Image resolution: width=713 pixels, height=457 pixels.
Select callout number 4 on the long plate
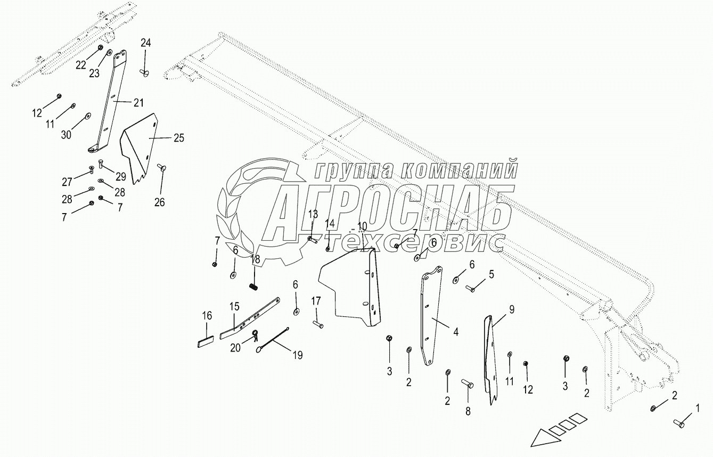(x=455, y=332)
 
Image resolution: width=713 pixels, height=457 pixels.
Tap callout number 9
(x=511, y=308)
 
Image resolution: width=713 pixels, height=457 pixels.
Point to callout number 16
(x=207, y=316)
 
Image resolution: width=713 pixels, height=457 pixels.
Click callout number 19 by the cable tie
(x=297, y=355)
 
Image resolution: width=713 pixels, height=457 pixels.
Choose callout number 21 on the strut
(x=138, y=102)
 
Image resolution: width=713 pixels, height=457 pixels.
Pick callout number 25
(x=178, y=138)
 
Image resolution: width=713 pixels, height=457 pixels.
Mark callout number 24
(x=145, y=43)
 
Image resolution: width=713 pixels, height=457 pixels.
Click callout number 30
(x=65, y=135)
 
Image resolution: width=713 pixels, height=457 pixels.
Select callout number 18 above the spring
(x=255, y=259)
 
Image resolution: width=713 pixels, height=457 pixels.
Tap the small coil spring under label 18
(x=254, y=286)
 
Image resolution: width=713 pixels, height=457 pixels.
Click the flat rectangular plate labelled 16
(x=206, y=341)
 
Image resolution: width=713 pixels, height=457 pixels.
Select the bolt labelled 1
(x=678, y=424)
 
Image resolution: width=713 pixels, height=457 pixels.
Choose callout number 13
(x=313, y=214)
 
